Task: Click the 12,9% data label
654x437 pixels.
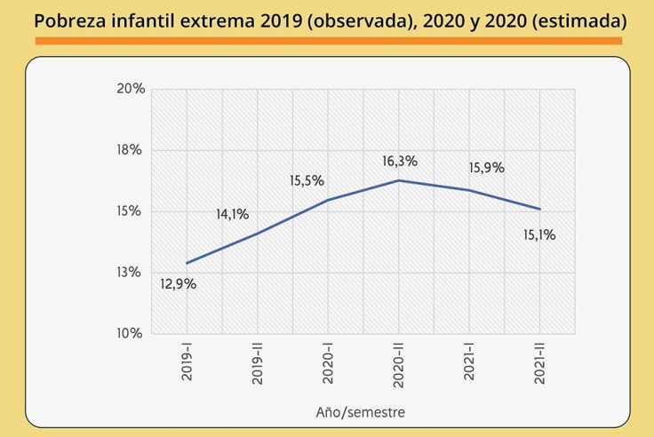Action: [178, 284]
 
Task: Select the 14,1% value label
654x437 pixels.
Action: [232, 214]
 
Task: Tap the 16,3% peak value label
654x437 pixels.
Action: [400, 162]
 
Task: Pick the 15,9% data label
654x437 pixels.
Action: [486, 167]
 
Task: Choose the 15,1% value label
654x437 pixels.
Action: [538, 235]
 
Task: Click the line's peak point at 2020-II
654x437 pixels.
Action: [399, 180]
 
